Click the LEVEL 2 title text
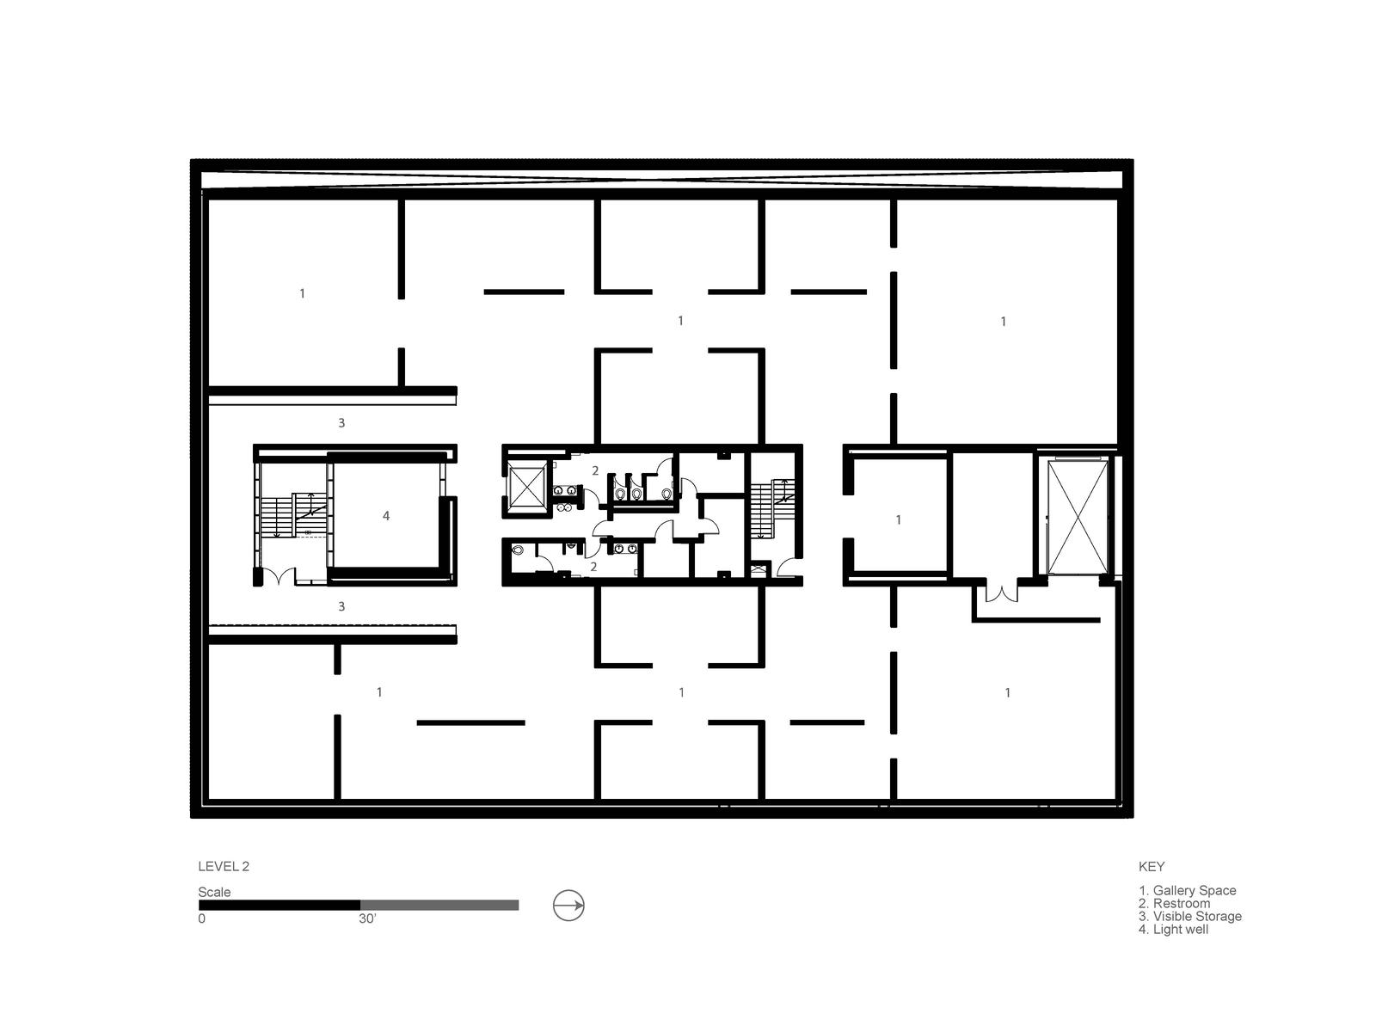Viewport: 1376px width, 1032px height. pos(223,867)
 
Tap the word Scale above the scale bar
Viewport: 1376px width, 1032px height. pos(214,892)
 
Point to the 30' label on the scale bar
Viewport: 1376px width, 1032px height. pos(367,918)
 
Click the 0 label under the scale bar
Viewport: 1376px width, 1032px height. pos(201,918)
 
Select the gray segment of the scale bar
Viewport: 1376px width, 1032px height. pos(439,905)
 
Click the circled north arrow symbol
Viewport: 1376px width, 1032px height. pos(568,906)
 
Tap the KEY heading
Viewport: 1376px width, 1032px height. pos(1152,867)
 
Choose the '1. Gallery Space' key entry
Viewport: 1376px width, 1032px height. pos(1188,890)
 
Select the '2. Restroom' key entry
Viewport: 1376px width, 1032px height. pos(1174,904)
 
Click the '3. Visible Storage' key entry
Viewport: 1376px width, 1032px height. pos(1190,916)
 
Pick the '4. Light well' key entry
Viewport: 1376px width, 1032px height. pos(1174,930)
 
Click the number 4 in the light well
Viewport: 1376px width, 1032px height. pos(386,516)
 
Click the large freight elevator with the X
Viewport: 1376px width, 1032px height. pos(1078,518)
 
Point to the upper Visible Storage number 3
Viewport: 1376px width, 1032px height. pos(341,423)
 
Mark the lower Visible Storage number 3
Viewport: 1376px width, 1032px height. pos(341,606)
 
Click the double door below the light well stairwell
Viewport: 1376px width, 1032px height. pos(279,576)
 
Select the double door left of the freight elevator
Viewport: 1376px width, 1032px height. pos(1001,593)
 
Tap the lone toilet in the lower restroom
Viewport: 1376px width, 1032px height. pos(518,550)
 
